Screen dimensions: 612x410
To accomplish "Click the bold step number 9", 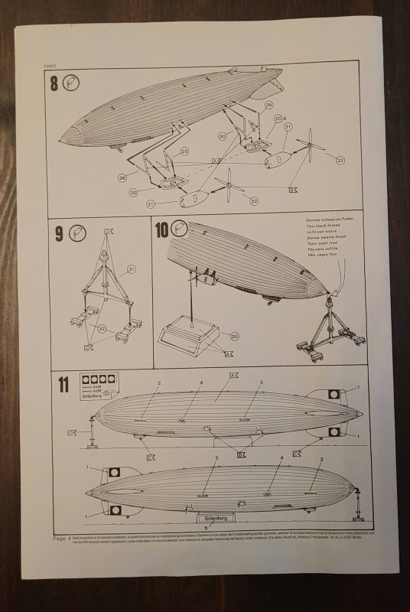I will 60,233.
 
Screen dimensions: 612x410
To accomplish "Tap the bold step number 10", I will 163,229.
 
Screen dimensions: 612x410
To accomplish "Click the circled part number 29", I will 268,105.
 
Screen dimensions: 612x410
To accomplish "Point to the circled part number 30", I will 222,136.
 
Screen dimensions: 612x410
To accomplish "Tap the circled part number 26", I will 122,177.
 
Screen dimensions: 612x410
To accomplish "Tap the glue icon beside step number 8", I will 74,83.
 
